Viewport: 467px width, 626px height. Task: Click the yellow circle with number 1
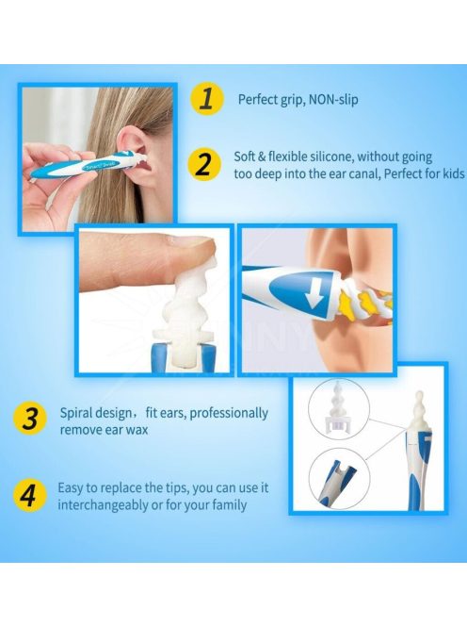coord(206,99)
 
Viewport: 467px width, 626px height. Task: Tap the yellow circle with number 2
coord(203,165)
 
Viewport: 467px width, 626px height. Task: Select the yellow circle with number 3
coord(30,420)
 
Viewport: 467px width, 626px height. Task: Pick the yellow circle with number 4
coord(28,496)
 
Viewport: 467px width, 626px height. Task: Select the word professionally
coord(229,413)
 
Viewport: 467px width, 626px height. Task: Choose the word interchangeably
coord(103,505)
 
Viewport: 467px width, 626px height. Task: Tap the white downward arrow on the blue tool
coord(314,294)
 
